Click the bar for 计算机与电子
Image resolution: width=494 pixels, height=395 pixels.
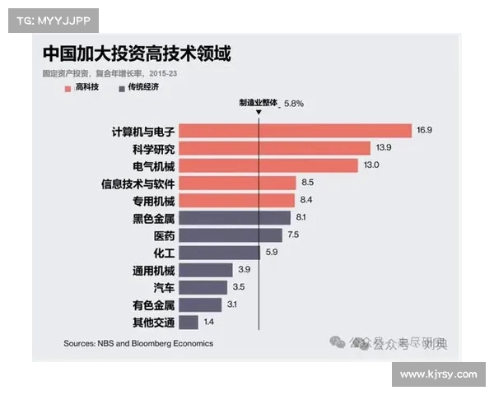pos(295,130)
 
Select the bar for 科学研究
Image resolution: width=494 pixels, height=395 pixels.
pos(274,148)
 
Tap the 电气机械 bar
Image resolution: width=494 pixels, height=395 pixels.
pos(268,165)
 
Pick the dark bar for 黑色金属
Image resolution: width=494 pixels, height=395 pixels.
pos(235,217)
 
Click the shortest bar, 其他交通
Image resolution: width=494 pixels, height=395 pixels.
pos(189,322)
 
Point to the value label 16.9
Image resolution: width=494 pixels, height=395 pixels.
pos(425,130)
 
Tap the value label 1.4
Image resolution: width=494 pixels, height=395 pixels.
pos(209,322)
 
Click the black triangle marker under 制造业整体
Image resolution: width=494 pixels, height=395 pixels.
pos(259,114)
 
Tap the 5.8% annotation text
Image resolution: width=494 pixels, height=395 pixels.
pos(294,104)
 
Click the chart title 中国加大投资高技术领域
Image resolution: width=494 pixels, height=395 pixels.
pos(137,55)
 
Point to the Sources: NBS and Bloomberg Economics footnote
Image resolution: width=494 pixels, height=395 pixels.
pos(138,343)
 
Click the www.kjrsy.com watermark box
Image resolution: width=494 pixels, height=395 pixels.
pos(438,374)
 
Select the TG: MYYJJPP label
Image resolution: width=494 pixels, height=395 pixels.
pos(54,20)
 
